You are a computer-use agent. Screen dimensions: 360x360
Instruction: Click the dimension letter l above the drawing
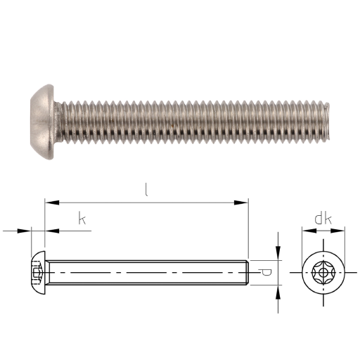[146, 190]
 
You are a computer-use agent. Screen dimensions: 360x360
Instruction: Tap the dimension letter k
[82, 218]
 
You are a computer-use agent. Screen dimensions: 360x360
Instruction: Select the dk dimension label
[323, 219]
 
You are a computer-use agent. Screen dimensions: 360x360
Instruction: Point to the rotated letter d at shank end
[265, 273]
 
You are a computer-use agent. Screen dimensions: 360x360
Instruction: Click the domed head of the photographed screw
[42, 122]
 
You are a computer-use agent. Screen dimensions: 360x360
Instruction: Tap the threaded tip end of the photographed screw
[326, 122]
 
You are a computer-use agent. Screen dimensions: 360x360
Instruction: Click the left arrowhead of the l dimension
[52, 202]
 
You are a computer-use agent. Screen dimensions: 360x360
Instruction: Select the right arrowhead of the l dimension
[241, 202]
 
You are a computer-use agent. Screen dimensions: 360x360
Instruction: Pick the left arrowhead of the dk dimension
[309, 231]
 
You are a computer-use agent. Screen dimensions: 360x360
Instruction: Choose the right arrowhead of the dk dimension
[337, 231]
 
